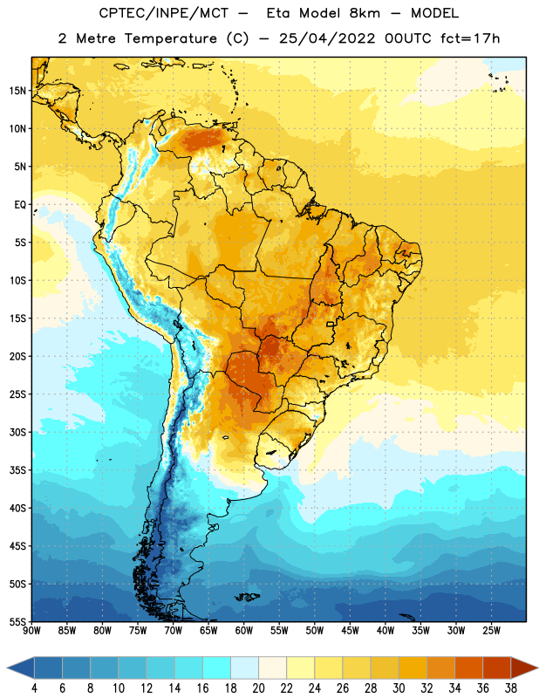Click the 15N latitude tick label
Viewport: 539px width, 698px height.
tap(17, 91)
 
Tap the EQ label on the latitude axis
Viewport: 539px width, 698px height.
tap(20, 205)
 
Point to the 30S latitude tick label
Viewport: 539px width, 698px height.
tap(17, 432)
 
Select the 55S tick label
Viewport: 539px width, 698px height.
tap(17, 622)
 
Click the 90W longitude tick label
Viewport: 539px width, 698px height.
tap(31, 631)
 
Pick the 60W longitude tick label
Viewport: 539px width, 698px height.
tap(244, 631)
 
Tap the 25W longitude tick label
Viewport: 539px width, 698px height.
tap(491, 631)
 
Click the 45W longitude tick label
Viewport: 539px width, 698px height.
tap(350, 631)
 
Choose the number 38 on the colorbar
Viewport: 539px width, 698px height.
tap(511, 688)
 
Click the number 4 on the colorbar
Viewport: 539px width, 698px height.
tap(34, 688)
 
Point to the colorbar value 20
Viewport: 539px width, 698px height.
tap(258, 688)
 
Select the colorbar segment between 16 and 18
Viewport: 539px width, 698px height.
tap(216, 667)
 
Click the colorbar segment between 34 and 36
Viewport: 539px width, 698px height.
tap(468, 667)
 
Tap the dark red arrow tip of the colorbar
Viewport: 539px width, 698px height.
tap(524, 667)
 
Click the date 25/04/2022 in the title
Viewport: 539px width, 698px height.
tap(327, 38)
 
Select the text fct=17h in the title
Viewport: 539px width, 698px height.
tap(470, 38)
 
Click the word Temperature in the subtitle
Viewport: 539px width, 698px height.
tap(170, 38)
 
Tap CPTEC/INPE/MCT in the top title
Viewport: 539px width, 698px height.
tap(164, 13)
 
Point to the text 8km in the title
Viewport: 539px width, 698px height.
tap(365, 13)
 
